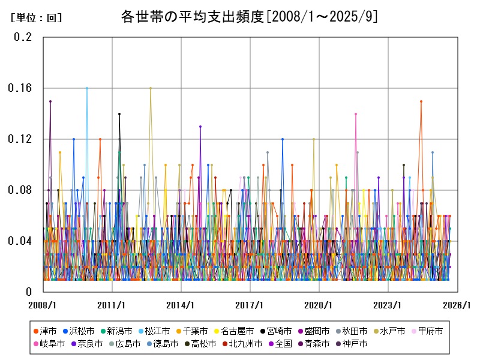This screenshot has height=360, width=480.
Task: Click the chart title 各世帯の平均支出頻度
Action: point(190,17)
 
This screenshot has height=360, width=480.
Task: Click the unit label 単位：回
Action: point(37,18)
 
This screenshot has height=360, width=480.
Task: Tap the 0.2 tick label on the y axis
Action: point(23,37)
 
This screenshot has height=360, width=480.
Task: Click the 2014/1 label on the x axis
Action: point(181,305)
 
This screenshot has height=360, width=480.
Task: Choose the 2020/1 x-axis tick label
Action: point(319,305)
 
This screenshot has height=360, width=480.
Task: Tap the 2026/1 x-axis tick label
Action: point(457,305)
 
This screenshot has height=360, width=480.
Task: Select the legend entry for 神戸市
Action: point(352,344)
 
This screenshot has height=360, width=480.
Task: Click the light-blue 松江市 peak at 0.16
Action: point(87,88)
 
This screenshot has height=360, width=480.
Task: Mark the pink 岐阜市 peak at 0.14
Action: point(356,113)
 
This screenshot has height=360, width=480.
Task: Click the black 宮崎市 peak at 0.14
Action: point(119,113)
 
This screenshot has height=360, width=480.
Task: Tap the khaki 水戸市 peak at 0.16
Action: point(151,88)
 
